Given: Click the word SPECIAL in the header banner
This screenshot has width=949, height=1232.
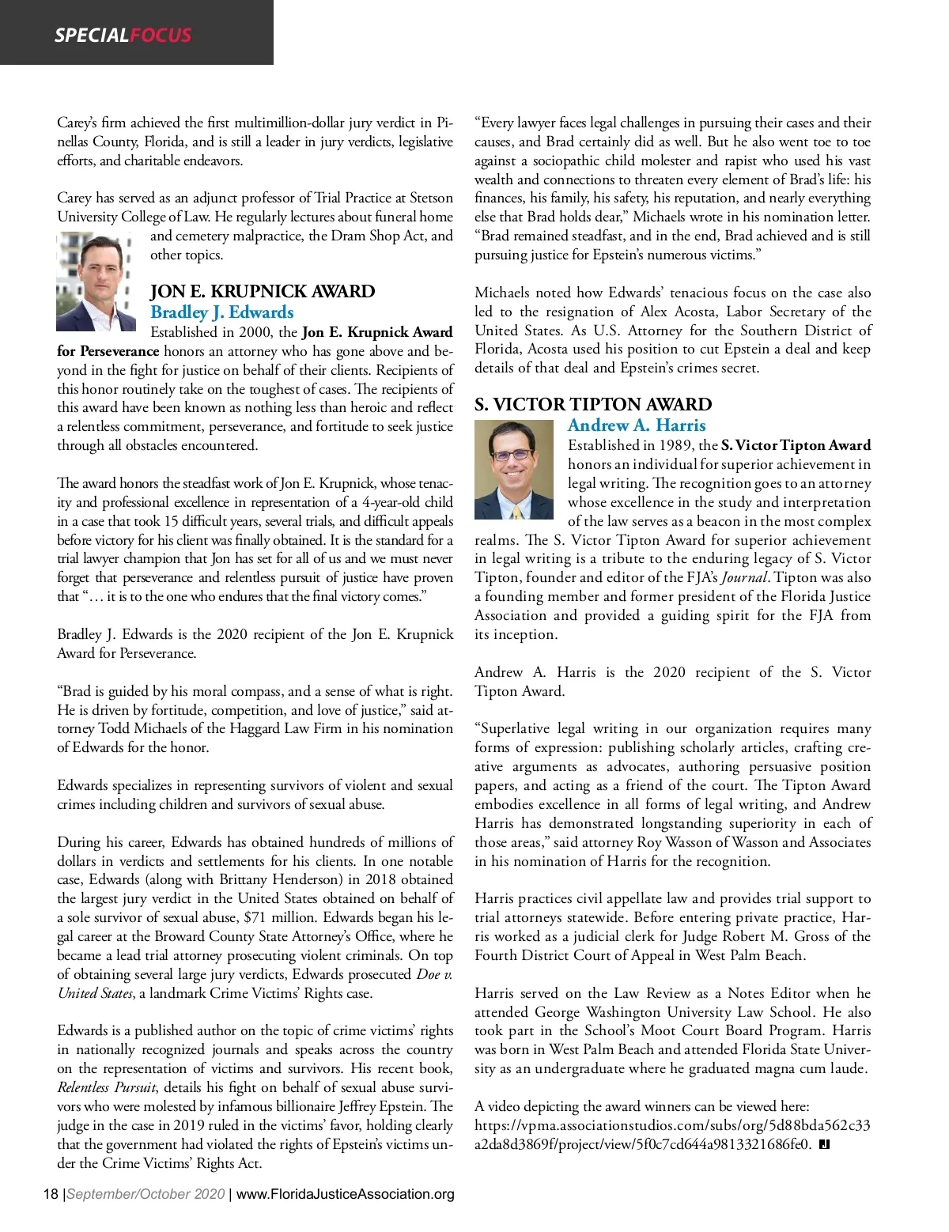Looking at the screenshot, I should pos(91,35).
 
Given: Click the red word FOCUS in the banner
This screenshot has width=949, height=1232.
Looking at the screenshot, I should pos(161,35).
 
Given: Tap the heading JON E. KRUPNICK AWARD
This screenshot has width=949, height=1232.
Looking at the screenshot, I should pos(263,291).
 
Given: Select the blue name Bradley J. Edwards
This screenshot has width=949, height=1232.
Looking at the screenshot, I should pos(222,312).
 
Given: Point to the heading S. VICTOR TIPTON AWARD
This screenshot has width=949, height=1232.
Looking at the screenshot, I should pos(593,404).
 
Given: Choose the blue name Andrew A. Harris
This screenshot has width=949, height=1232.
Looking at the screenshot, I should pos(637,425).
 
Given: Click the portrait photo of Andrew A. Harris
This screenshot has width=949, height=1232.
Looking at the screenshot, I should pos(513,469).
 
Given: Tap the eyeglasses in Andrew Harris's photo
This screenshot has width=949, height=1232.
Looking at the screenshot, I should pos(512,455).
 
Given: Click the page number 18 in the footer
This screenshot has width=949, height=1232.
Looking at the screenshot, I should pos(51,1193).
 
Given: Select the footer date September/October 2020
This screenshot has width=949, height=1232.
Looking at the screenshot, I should pos(146,1193).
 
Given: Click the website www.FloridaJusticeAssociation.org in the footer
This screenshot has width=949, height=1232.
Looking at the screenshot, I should pos(346,1193).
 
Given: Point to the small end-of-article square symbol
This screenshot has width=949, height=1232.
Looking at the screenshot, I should pos(824,1144).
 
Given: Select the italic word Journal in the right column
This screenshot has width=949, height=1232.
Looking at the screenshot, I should pos(745,577).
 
